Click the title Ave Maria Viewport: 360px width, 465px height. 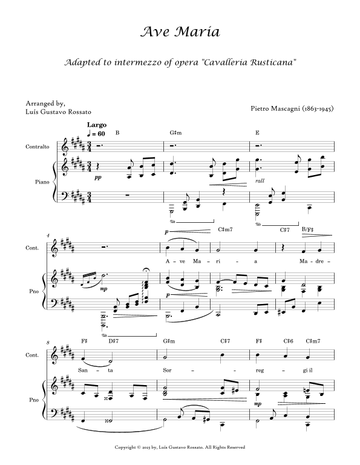[x=179, y=31]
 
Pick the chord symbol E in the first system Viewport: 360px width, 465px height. [x=258, y=133]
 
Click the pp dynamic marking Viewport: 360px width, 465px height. [x=97, y=179]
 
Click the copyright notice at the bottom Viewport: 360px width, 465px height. [x=179, y=447]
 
